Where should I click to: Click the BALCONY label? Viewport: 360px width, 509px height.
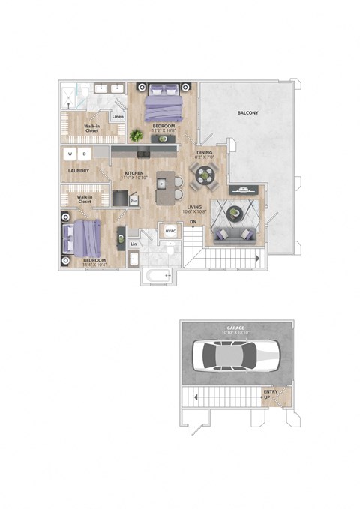click(x=248, y=112)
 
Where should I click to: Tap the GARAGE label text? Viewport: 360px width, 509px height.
click(x=236, y=328)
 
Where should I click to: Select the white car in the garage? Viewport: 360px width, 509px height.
click(x=235, y=355)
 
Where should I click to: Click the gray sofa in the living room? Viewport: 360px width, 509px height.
click(x=235, y=235)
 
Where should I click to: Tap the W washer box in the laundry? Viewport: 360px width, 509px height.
click(x=70, y=154)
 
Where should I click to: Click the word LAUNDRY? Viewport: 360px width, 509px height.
click(x=79, y=171)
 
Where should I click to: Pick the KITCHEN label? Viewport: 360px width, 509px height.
click(x=134, y=173)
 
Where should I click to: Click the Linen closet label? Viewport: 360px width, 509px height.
click(x=118, y=117)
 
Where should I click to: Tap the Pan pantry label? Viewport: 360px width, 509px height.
click(x=133, y=201)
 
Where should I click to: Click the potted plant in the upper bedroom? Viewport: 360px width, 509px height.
click(x=136, y=136)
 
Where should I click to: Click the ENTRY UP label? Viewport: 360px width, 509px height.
click(x=271, y=394)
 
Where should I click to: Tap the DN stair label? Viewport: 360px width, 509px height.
click(x=192, y=222)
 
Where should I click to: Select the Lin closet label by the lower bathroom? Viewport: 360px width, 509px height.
click(x=133, y=244)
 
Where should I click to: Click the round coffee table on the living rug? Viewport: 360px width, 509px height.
click(x=235, y=214)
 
